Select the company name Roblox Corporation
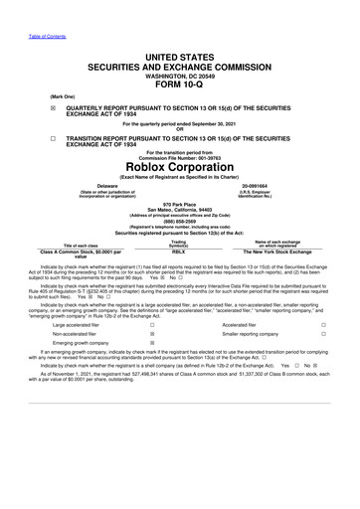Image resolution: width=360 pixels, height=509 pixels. (179, 167)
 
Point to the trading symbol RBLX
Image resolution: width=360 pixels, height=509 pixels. (179, 254)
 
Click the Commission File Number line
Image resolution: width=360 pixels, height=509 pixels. (179, 154)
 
